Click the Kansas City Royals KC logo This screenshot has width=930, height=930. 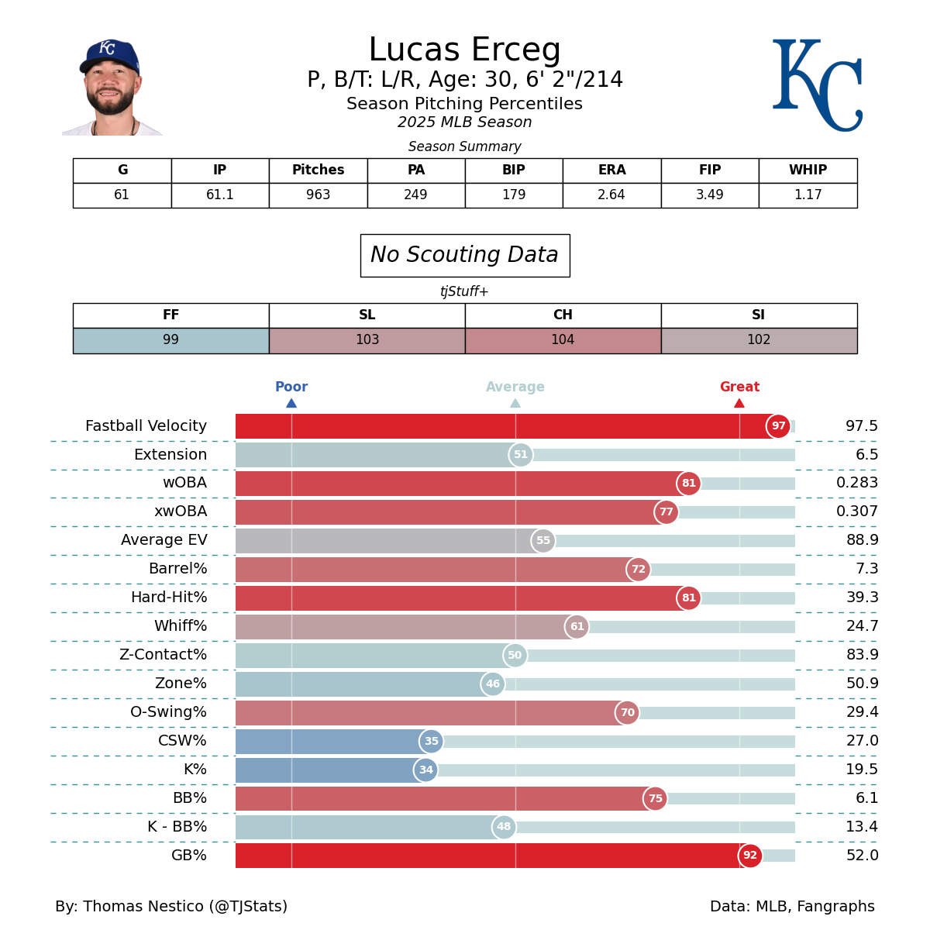pyautogui.click(x=817, y=85)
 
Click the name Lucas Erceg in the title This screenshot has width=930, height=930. pyautogui.click(x=464, y=50)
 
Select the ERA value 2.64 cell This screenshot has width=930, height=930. pyautogui.click(x=611, y=195)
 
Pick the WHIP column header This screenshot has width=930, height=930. pyautogui.click(x=808, y=170)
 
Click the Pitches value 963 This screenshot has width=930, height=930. pyautogui.click(x=318, y=195)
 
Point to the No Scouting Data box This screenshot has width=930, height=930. pyautogui.click(x=465, y=255)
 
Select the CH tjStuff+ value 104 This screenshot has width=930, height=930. pyautogui.click(x=563, y=340)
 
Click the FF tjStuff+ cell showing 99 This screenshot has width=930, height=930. pyautogui.click(x=170, y=340)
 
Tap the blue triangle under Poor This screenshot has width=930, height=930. pyautogui.click(x=291, y=403)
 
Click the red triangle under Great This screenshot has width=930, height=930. pyautogui.click(x=739, y=403)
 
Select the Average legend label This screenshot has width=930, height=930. pyautogui.click(x=515, y=387)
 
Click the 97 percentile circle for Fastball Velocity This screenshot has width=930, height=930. pyautogui.click(x=778, y=426)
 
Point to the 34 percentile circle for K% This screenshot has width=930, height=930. pyautogui.click(x=425, y=770)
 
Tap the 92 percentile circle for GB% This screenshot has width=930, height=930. pyautogui.click(x=750, y=856)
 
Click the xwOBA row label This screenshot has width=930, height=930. pyautogui.click(x=181, y=511)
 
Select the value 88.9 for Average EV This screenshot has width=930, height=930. pyautogui.click(x=862, y=540)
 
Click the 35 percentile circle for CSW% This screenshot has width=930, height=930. pyautogui.click(x=431, y=742)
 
